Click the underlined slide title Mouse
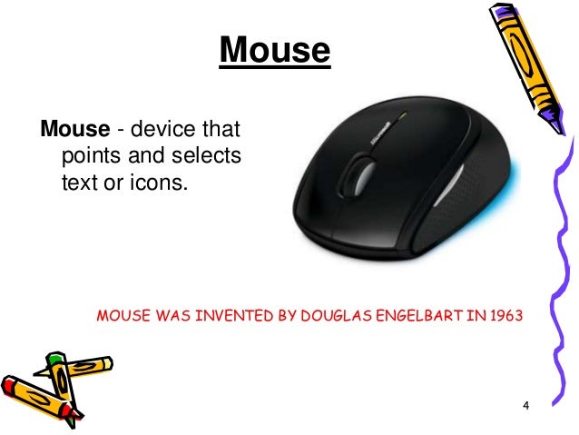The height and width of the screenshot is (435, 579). click(x=274, y=51)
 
